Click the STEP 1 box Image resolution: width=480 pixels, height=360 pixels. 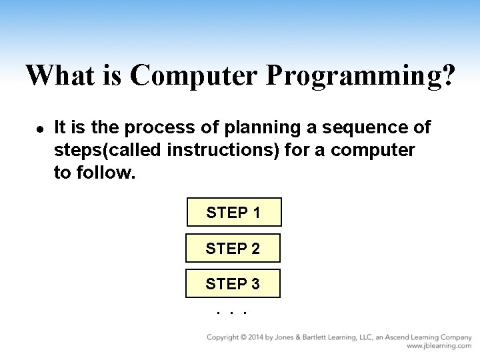(x=233, y=213)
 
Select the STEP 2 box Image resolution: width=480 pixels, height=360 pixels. (x=233, y=248)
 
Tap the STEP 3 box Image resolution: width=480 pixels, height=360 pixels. (x=233, y=283)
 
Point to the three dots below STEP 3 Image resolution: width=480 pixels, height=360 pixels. (x=232, y=311)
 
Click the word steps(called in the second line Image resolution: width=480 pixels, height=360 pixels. (x=107, y=151)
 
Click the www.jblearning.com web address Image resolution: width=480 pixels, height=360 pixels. (x=439, y=346)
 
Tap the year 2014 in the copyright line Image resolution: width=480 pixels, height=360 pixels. (x=253, y=337)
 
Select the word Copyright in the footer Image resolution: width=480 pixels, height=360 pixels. (x=222, y=337)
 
